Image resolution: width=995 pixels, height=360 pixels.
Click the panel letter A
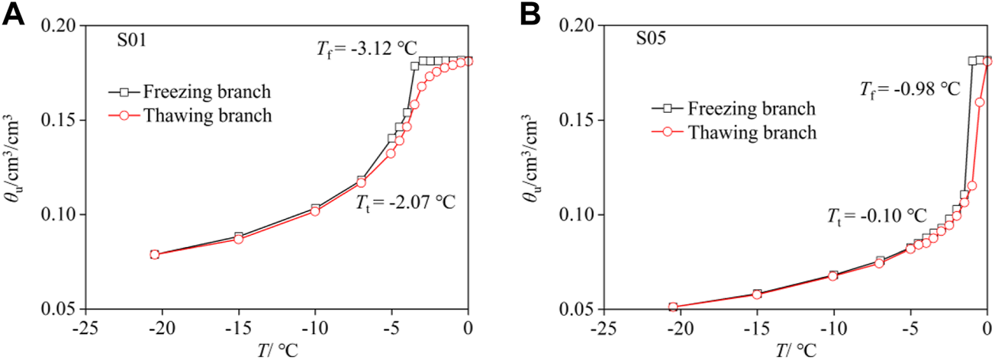click(14, 13)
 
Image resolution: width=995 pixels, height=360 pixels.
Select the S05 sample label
click(651, 38)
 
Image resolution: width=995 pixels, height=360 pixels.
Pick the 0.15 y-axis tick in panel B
click(584, 121)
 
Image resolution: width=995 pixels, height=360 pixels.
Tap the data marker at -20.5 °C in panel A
click(154, 254)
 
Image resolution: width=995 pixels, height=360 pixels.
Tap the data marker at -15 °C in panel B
click(756, 294)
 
